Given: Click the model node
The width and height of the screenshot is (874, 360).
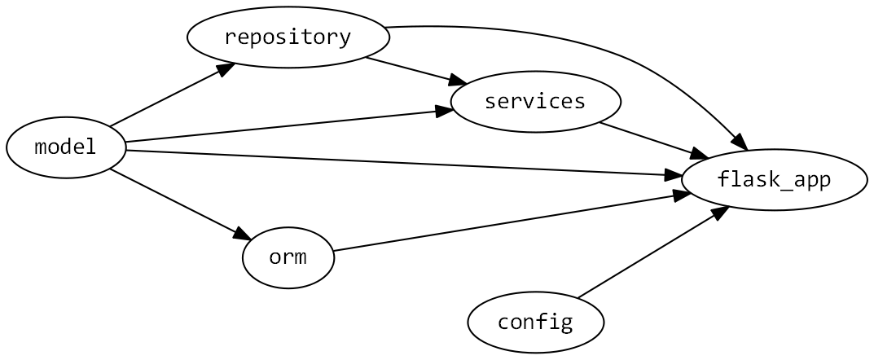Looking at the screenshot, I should click(x=66, y=147).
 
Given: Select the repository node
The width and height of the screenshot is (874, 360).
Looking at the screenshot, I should click(x=288, y=37).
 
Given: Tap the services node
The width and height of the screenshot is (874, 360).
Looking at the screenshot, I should click(x=535, y=102).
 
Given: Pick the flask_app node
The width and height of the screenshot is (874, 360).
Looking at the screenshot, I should click(x=774, y=179).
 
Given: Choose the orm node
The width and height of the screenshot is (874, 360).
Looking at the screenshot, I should click(x=288, y=257).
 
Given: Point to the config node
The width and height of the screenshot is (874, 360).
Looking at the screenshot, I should click(x=535, y=322).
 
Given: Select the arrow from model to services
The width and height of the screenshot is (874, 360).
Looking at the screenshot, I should click(x=285, y=126).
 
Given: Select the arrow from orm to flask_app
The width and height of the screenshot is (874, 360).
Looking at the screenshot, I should click(x=505, y=222).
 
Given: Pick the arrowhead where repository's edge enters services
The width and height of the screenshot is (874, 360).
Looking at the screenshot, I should click(x=458, y=81).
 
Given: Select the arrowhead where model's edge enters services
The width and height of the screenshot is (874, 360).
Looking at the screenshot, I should click(x=444, y=110).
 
